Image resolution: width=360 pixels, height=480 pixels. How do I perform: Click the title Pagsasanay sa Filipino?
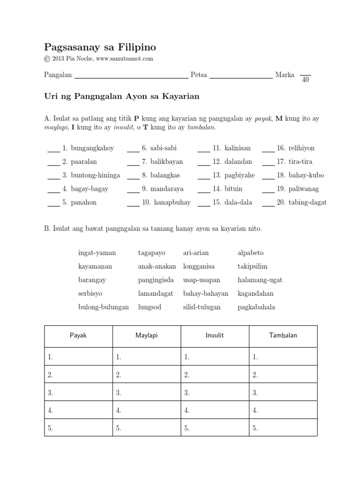point(100,47)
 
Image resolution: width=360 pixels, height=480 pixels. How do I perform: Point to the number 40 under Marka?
point(305,80)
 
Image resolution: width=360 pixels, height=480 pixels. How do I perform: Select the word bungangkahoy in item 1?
point(92,148)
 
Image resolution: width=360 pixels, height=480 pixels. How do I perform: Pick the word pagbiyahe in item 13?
point(240,175)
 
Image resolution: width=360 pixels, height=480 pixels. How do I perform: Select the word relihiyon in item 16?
point(301,148)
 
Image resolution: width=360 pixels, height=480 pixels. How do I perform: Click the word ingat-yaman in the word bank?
point(97,253)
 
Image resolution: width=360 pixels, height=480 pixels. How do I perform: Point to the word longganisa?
point(199,266)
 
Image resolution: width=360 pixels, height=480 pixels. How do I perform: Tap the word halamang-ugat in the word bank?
point(260,280)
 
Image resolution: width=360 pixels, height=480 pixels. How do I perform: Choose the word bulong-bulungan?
point(103,307)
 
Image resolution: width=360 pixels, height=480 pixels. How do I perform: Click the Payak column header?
point(78,336)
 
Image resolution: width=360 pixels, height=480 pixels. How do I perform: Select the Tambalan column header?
point(283,336)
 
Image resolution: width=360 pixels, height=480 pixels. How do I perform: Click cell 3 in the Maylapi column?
point(146,392)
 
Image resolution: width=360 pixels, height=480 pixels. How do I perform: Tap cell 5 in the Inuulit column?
point(215,427)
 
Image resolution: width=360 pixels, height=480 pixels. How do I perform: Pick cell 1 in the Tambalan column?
point(283,357)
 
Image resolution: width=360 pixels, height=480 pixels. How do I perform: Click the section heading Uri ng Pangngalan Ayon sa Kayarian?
point(122,97)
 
